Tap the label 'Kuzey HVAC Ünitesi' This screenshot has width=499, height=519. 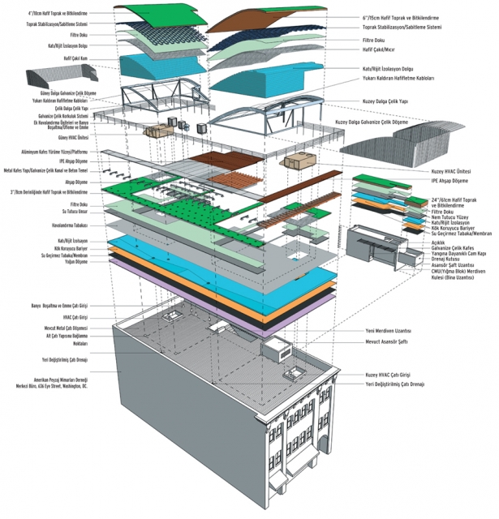click(x=448, y=171)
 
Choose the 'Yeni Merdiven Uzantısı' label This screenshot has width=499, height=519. click(x=388, y=331)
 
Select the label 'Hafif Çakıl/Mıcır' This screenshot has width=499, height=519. click(x=381, y=49)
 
